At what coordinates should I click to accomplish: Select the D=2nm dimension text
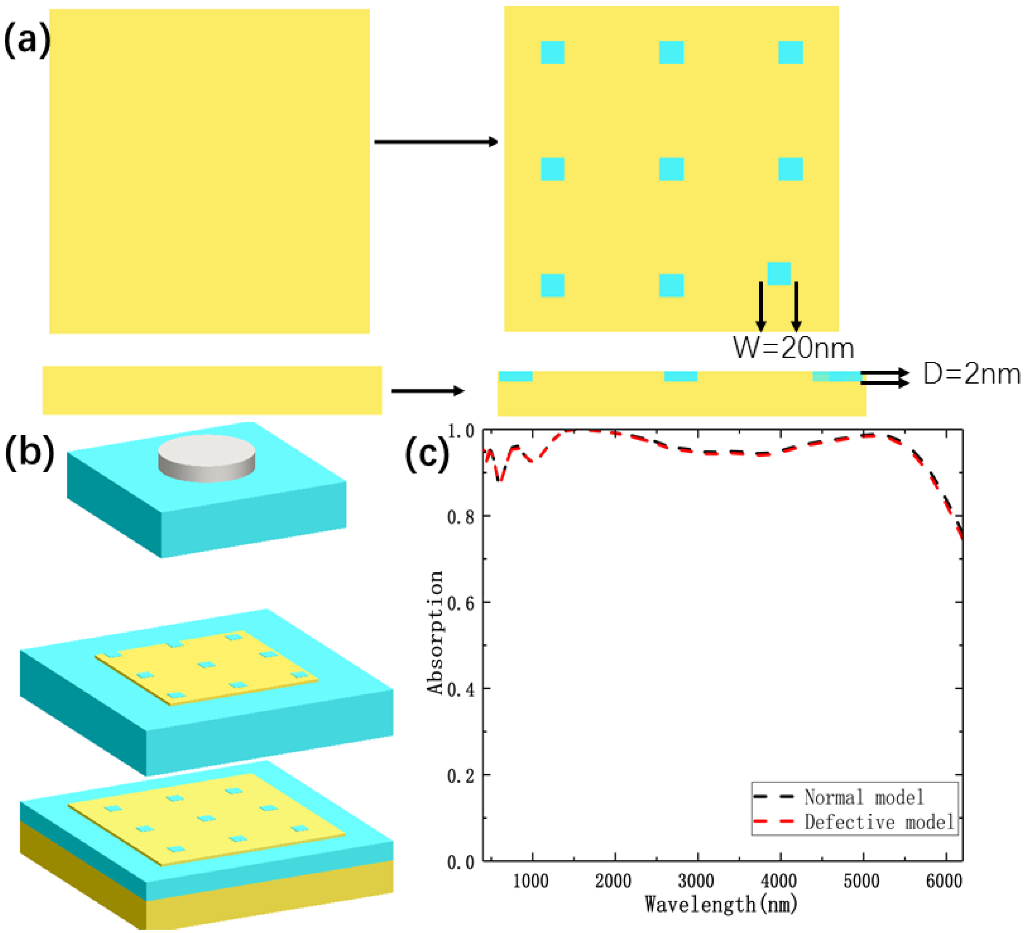[971, 375]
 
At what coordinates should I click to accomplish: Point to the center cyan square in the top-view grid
[671, 169]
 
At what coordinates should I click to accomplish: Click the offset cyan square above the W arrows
[779, 273]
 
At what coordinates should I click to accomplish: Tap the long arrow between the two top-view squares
[436, 142]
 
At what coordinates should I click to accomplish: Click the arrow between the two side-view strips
[427, 391]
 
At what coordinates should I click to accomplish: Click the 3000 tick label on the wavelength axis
[697, 881]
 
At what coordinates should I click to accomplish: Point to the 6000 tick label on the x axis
[944, 881]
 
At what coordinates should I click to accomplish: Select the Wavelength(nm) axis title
[721, 904]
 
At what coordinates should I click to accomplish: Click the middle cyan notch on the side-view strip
[680, 377]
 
